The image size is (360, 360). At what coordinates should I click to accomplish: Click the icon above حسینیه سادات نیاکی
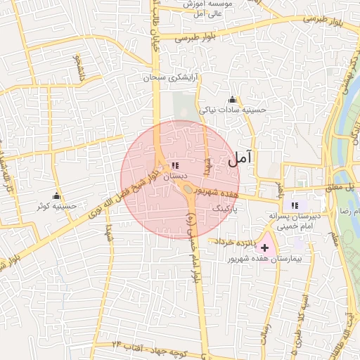(233, 99)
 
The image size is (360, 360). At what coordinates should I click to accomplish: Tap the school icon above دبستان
(174, 166)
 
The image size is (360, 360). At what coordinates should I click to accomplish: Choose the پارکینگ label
(226, 209)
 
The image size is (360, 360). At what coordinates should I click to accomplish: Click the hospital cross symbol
(264, 247)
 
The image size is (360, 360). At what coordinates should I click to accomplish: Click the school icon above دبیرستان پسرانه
(296, 204)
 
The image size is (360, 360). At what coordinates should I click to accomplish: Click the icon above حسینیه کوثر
(56, 195)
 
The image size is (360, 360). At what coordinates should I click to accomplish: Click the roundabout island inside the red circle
(188, 188)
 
